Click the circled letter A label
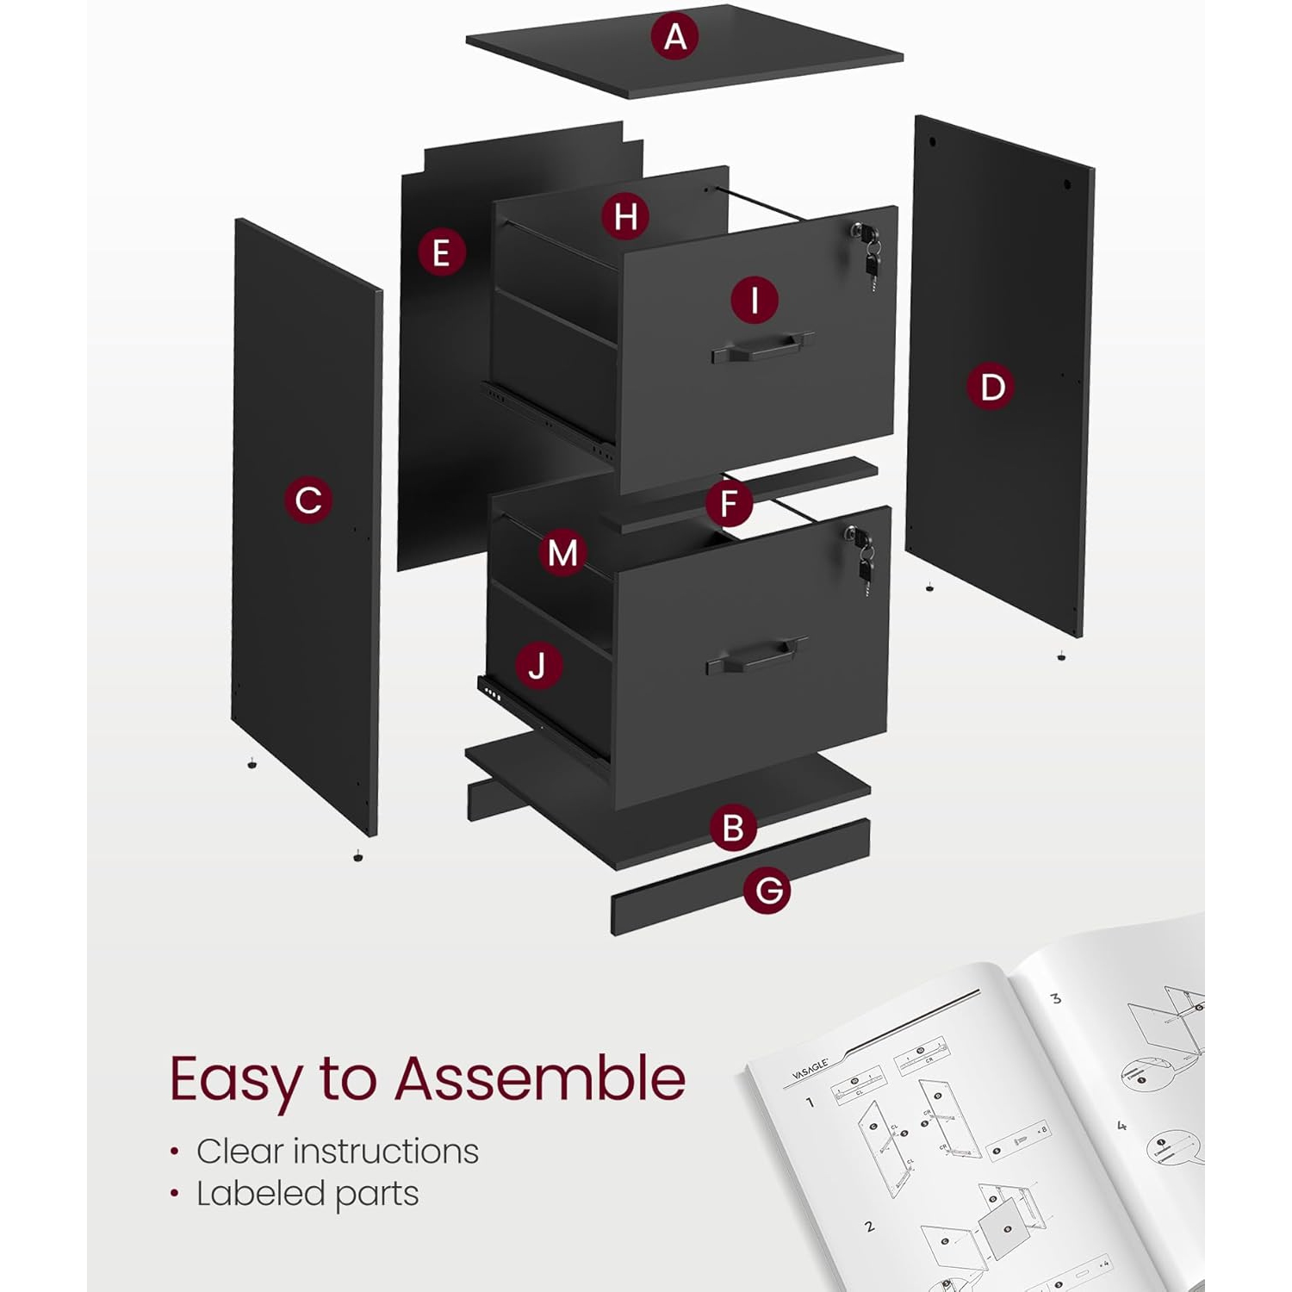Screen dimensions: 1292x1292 (675, 36)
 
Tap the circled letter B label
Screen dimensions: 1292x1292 (733, 827)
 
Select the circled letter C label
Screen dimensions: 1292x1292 (308, 500)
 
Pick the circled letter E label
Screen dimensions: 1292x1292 (441, 252)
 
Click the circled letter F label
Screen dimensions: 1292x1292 (729, 504)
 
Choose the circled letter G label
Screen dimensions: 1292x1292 (767, 890)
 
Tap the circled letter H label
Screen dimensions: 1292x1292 (625, 216)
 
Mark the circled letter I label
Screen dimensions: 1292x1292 (755, 301)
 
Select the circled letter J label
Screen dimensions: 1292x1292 (538, 666)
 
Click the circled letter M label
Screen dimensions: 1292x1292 (562, 552)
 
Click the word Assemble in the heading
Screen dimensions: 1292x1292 (540, 1078)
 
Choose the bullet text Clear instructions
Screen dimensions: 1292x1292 (337, 1151)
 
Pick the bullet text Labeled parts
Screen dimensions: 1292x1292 (307, 1194)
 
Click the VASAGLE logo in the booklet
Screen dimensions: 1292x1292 (810, 1068)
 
